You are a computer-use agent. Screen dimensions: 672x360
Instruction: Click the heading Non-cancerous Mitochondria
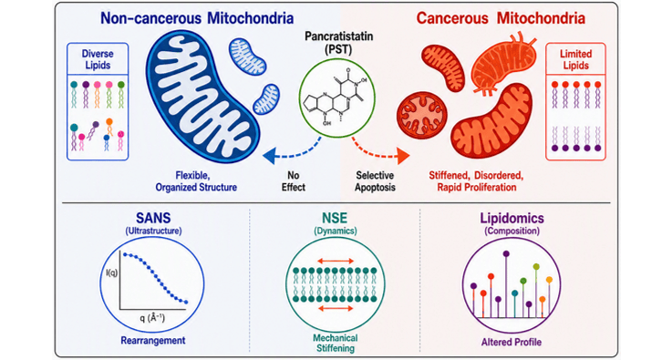coord(197,18)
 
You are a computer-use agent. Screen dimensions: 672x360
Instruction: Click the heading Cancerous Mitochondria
coord(501,18)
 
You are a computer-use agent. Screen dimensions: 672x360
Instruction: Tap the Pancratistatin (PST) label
coord(339,43)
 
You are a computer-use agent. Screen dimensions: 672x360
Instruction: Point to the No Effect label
coord(294,181)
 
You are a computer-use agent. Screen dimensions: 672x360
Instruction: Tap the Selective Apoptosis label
coord(375,181)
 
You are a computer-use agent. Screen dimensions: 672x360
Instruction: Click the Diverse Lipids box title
coord(98,59)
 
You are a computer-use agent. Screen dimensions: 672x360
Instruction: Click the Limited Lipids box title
coord(575,59)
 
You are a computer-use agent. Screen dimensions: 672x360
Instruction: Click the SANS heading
coord(153,218)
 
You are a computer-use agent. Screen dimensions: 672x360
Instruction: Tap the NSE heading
coord(335,218)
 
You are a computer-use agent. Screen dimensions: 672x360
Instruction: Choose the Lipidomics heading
coord(512,218)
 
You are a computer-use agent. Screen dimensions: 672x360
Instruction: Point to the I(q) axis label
coord(111,273)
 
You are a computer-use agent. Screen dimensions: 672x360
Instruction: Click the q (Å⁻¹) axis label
coord(151,318)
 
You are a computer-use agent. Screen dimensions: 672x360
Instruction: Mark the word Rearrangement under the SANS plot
coord(153,340)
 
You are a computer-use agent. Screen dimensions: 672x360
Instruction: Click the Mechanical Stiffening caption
coord(336,343)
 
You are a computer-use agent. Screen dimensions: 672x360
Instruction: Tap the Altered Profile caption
coord(512,342)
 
